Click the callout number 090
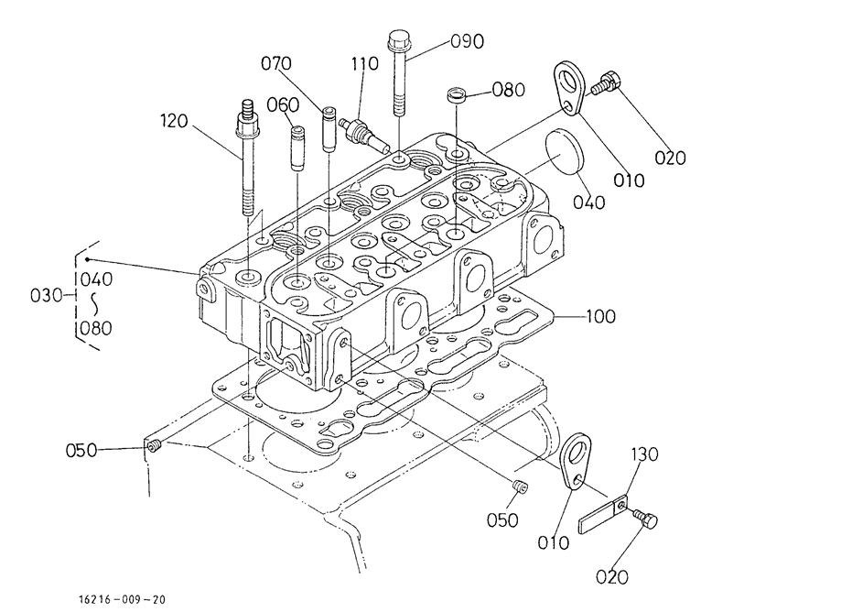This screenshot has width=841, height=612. (x=467, y=41)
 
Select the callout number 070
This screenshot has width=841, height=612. (x=276, y=63)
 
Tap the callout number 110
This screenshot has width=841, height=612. (x=365, y=64)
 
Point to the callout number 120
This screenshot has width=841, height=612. (x=174, y=121)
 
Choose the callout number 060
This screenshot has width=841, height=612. (x=283, y=104)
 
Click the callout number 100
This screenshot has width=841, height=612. (x=600, y=316)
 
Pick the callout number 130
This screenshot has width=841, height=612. (x=644, y=454)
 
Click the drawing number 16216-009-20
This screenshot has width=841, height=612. (x=122, y=599)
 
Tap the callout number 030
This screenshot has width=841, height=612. (x=47, y=295)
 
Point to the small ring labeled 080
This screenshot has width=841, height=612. (x=456, y=97)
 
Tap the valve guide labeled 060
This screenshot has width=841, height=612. (x=297, y=148)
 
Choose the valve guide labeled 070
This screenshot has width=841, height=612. (x=329, y=129)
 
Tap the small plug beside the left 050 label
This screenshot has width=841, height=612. (x=155, y=445)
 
